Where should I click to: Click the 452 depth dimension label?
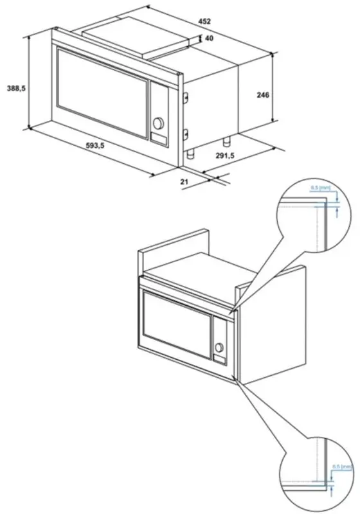click(204, 21)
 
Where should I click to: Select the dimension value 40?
click(209, 39)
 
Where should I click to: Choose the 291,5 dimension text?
click(224, 155)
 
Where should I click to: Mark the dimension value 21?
click(184, 182)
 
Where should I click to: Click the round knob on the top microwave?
click(159, 122)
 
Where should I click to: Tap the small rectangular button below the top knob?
click(158, 136)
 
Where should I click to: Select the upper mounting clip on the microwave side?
click(185, 96)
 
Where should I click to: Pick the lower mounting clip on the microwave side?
click(185, 134)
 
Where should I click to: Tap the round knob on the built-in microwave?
click(220, 348)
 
